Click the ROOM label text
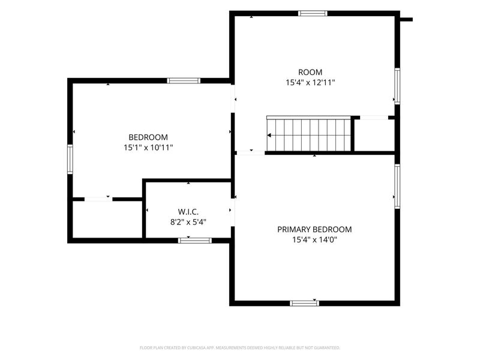310,72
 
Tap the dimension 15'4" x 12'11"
310,82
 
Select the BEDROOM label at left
148,137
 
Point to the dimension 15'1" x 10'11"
148,148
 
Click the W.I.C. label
188,212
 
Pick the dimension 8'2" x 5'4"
188,222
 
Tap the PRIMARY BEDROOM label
314,229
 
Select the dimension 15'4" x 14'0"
314,239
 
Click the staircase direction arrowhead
269,136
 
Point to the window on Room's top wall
313,13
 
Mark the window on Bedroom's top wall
184,81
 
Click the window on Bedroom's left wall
70,159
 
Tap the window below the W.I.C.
194,241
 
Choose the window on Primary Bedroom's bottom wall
304,304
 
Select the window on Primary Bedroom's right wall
397,186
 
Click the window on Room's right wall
397,86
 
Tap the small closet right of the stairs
374,136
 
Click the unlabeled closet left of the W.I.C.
107,219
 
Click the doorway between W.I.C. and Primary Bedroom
233,212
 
